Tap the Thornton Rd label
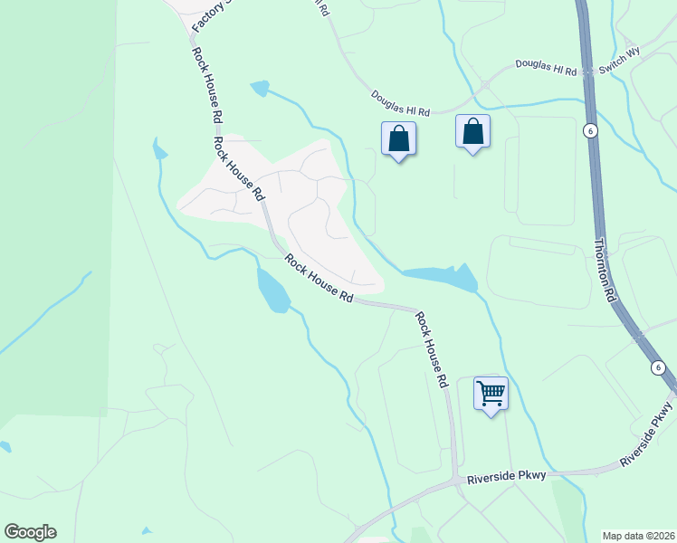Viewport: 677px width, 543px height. tap(605, 269)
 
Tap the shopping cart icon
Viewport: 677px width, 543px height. tap(491, 394)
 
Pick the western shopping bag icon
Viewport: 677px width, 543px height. tap(398, 139)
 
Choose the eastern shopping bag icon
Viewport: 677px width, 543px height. tap(472, 132)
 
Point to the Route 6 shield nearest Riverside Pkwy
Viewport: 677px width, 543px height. tap(658, 367)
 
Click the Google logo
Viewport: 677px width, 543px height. tap(30, 532)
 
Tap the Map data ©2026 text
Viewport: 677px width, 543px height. tap(637, 536)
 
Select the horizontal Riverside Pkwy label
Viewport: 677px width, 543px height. tap(507, 477)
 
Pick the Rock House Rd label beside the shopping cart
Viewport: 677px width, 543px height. tap(432, 349)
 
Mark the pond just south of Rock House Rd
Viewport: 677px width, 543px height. tap(273, 290)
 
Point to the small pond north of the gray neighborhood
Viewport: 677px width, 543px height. tap(261, 89)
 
